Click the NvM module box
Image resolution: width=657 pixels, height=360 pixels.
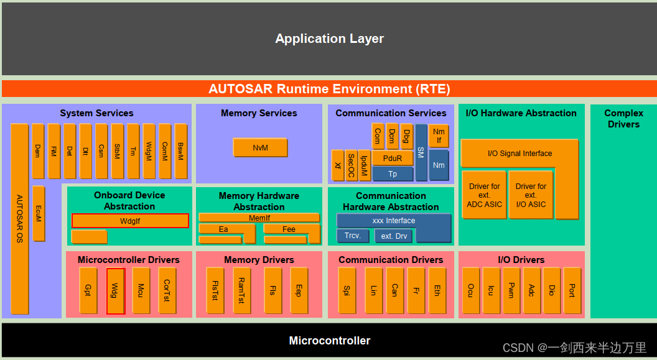point(260,148)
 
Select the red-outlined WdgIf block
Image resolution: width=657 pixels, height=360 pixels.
point(130,221)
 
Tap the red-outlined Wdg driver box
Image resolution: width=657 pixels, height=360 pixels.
point(116,291)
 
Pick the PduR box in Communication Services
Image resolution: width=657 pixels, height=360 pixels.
point(392,158)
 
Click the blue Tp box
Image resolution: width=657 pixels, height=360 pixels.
point(392,173)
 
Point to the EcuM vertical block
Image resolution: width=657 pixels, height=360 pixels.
point(39,213)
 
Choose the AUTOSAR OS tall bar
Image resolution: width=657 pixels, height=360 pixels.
point(20,218)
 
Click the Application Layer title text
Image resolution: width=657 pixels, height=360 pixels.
point(329,39)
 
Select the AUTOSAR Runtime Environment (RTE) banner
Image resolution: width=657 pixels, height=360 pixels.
point(329,89)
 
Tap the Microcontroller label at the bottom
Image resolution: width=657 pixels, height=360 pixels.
point(329,341)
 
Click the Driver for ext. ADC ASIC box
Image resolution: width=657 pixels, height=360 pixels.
point(485,195)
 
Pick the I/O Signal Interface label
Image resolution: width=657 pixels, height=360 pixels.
point(520,154)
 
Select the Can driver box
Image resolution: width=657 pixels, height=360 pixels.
point(394,291)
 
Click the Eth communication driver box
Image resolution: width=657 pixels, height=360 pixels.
point(437,291)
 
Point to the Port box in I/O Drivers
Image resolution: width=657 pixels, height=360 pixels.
point(572,291)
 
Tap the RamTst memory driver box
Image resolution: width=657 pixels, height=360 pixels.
point(242,291)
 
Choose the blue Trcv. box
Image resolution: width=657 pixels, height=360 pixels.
point(353,236)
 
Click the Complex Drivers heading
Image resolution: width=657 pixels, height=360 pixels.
point(623,119)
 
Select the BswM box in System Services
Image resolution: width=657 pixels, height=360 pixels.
point(180,151)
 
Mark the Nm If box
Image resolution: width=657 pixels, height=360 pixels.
point(439,136)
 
